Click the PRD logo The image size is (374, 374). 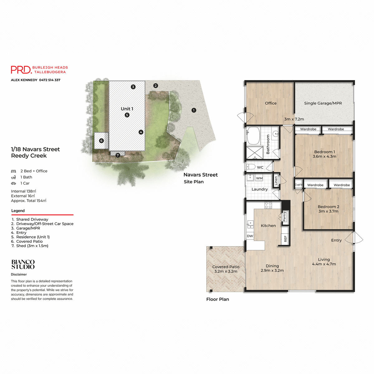pos(21,70)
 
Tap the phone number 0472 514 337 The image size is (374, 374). pos(50,80)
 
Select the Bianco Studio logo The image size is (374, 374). pos(23,264)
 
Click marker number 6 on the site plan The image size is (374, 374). pos(101,141)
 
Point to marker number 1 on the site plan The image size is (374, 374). pos(194,110)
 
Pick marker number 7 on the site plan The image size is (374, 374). pos(118,155)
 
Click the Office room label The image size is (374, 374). pos(271,103)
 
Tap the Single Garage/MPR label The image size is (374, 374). pos(323,103)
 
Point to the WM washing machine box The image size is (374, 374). pos(259,178)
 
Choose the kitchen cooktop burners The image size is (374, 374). pos(268,205)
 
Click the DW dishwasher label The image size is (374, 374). pos(250,236)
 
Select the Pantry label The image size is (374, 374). pos(284,216)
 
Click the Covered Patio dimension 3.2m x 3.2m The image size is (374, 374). pos(226,271)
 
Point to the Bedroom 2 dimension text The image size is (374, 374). pos(328,211)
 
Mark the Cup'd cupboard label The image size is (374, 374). pos(299,185)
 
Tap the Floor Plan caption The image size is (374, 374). pos(218,299)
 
